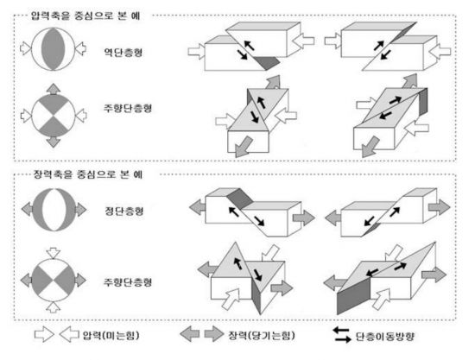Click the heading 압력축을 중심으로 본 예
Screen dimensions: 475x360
(85, 16)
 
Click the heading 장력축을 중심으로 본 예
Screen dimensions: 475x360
(88, 174)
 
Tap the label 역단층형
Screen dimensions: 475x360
(123, 53)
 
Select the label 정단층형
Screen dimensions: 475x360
(124, 211)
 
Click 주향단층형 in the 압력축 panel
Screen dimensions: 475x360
(128, 108)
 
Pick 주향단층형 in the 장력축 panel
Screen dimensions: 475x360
(128, 282)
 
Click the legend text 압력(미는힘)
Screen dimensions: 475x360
(111, 335)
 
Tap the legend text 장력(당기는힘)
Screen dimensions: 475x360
(262, 335)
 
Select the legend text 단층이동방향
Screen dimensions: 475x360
(384, 337)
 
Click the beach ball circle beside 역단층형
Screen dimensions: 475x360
(54, 49)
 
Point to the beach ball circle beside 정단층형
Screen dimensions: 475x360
(54, 210)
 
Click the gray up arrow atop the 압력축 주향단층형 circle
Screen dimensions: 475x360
(54, 89)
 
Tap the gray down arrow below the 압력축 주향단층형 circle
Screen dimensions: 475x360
(54, 142)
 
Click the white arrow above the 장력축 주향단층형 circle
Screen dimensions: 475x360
(54, 253)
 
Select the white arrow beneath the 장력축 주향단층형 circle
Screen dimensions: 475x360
(54, 307)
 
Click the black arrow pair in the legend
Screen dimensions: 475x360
(342, 335)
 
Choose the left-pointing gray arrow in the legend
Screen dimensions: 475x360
(190, 334)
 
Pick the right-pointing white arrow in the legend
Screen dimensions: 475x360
(44, 334)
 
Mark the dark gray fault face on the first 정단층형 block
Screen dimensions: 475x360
(240, 199)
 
